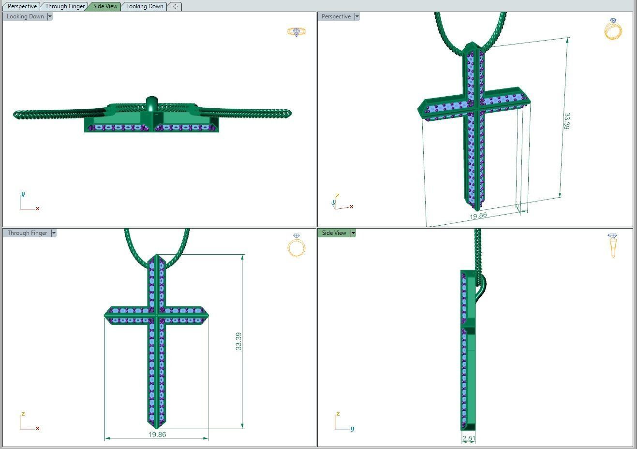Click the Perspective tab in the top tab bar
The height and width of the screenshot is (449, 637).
point(22,6)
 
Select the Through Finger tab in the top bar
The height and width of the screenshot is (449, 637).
point(65,6)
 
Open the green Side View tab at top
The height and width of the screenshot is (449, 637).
point(105,6)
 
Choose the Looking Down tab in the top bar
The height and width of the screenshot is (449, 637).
point(145,6)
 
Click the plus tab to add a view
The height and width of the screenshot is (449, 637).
point(175,6)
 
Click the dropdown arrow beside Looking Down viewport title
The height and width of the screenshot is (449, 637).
point(50,16)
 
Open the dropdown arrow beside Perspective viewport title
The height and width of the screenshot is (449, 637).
point(357,16)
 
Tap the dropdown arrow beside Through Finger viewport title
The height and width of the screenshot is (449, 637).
point(54,233)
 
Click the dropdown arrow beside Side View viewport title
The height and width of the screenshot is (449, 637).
point(353,233)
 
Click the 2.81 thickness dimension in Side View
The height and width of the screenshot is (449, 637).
point(469,438)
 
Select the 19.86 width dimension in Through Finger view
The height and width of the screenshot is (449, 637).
point(157,435)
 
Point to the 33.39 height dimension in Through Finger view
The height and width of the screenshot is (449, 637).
point(238,341)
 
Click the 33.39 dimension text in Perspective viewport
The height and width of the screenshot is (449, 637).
point(566,121)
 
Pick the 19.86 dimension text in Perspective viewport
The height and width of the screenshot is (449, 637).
point(478,216)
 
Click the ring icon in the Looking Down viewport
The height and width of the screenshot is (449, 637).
point(296,32)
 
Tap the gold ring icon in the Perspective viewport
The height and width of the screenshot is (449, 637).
point(613,29)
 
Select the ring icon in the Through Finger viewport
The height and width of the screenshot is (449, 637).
point(296,245)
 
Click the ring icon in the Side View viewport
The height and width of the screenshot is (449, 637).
point(613,245)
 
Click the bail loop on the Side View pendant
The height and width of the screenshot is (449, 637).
point(482,286)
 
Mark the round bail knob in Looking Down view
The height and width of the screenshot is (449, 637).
point(152,102)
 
